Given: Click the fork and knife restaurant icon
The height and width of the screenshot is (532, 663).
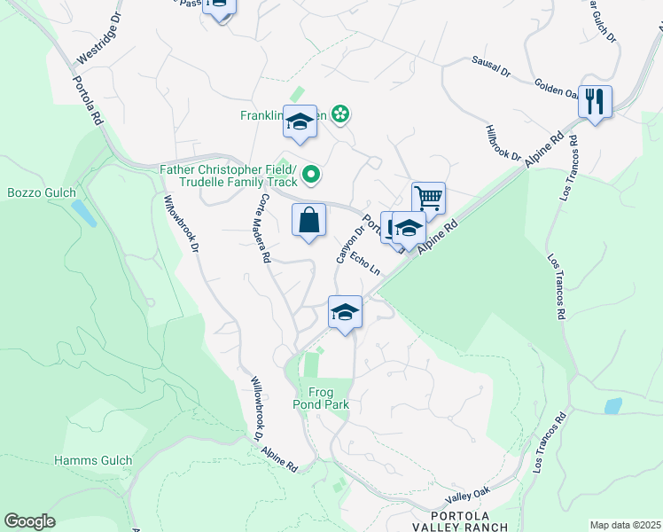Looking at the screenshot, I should [595, 101].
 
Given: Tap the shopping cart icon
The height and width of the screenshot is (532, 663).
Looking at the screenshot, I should [428, 198].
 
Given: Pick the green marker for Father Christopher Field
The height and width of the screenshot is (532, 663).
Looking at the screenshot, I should [311, 176].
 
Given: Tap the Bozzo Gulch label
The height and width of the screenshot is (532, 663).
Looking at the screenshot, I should [42, 192].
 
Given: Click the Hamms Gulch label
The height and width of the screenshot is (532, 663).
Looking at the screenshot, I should [93, 460].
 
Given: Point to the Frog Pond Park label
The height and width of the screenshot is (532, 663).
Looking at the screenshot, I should [328, 398].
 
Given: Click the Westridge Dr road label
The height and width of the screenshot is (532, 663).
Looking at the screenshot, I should [96, 43].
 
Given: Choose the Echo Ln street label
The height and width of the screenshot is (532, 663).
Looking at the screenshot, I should [365, 263].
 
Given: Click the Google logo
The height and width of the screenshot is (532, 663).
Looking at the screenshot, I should [29, 521].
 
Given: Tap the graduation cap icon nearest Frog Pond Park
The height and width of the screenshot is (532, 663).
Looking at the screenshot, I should [346, 311].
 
